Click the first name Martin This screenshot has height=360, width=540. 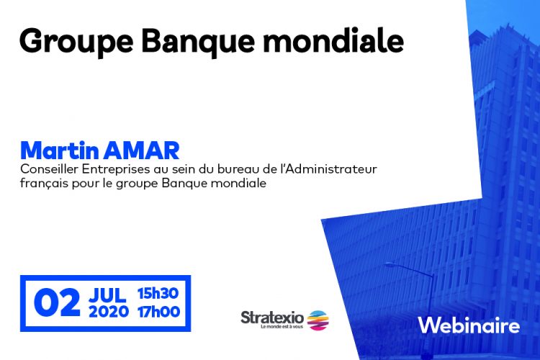(x=60, y=150)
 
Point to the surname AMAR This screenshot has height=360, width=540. (x=142, y=150)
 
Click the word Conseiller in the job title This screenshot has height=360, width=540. (x=49, y=169)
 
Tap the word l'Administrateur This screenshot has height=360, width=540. (x=330, y=169)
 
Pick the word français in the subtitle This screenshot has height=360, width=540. (x=44, y=183)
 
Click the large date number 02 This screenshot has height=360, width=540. (x=57, y=302)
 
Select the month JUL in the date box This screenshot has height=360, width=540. (x=107, y=295)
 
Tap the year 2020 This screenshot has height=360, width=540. (x=109, y=312)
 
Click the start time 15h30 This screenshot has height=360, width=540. (x=158, y=294)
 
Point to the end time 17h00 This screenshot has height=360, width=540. (x=159, y=312)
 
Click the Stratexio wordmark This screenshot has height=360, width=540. (x=272, y=318)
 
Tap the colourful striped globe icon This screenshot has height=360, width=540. (x=318, y=320)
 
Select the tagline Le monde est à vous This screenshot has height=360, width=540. (x=282, y=327)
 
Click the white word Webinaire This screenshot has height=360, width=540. (x=469, y=325)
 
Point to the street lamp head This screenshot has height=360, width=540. (x=390, y=264)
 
